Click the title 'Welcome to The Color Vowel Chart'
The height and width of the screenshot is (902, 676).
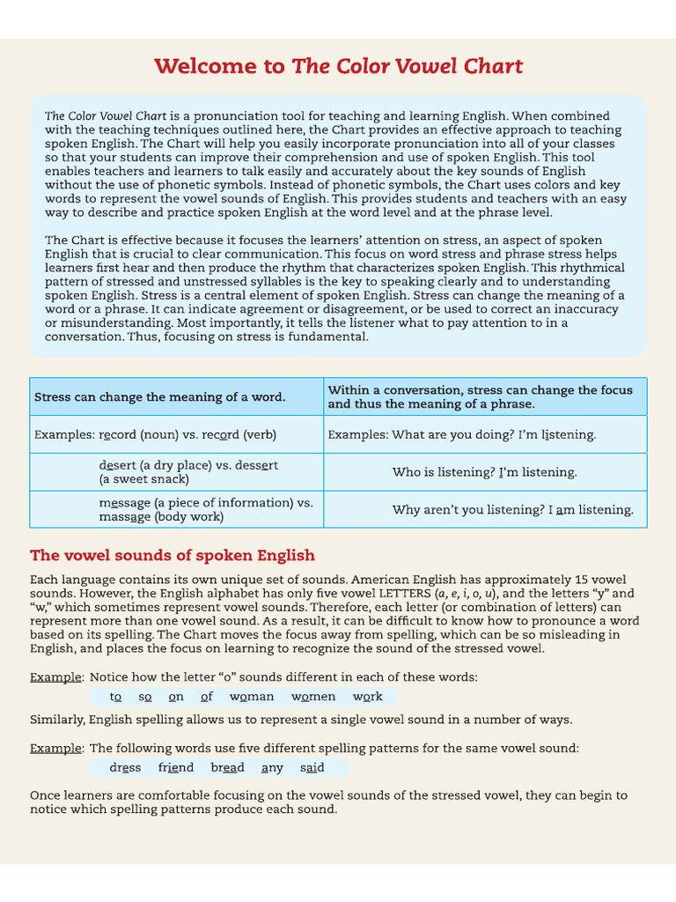point(338,67)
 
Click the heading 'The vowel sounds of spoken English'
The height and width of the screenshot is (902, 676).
point(173,556)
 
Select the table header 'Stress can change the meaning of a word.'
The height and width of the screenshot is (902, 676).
point(160,397)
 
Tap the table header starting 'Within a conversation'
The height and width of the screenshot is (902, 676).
point(480,397)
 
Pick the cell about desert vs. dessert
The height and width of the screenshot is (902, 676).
point(188,472)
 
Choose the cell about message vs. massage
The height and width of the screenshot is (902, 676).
point(206,510)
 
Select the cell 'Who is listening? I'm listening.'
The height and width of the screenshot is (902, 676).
point(484,472)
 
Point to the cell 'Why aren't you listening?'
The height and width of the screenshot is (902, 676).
point(512,510)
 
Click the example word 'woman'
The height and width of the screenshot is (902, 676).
point(252,697)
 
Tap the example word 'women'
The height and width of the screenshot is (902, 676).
point(313,697)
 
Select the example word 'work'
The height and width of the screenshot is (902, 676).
point(368,697)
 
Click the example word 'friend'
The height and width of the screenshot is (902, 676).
point(176,768)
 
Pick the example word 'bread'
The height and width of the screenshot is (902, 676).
point(227,768)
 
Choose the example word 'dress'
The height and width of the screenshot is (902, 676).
point(125,768)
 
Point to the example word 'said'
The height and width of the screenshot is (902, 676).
point(312,768)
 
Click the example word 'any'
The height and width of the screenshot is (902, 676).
point(272,768)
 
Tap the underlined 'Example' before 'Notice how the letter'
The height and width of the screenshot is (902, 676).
point(56,677)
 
